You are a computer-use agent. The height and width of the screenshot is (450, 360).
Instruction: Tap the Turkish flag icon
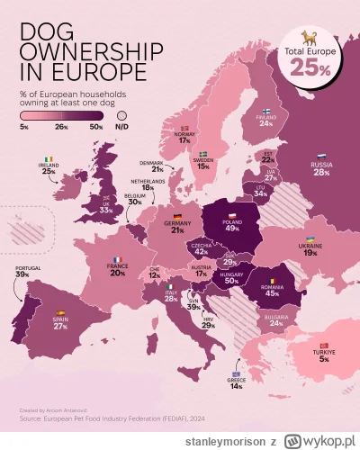pos(323,345)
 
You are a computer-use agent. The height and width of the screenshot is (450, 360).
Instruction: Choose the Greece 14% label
pos(236,384)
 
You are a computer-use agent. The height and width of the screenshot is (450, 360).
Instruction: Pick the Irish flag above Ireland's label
pos(49,159)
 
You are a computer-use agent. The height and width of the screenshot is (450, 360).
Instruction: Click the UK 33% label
pos(107,208)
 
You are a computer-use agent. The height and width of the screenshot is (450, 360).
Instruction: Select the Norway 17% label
pos(184,139)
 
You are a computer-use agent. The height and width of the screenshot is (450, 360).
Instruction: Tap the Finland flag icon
pos(266,112)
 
